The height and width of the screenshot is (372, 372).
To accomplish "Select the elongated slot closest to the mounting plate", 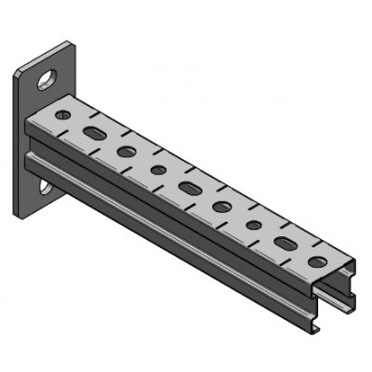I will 94,134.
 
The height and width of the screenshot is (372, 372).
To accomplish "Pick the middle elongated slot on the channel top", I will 190,189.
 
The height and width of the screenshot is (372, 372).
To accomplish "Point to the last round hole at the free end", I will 317,263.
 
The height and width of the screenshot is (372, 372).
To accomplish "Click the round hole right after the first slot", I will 126,151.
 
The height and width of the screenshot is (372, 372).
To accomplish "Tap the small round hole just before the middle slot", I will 158,170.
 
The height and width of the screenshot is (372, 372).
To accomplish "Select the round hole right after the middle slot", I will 222,206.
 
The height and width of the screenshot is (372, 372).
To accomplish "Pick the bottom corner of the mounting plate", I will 20,219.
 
